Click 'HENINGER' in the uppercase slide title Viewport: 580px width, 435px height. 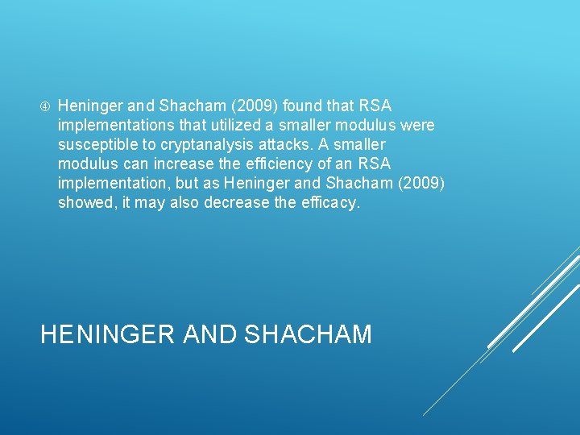(x=108, y=333)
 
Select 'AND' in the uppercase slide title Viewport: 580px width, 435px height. (x=209, y=333)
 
